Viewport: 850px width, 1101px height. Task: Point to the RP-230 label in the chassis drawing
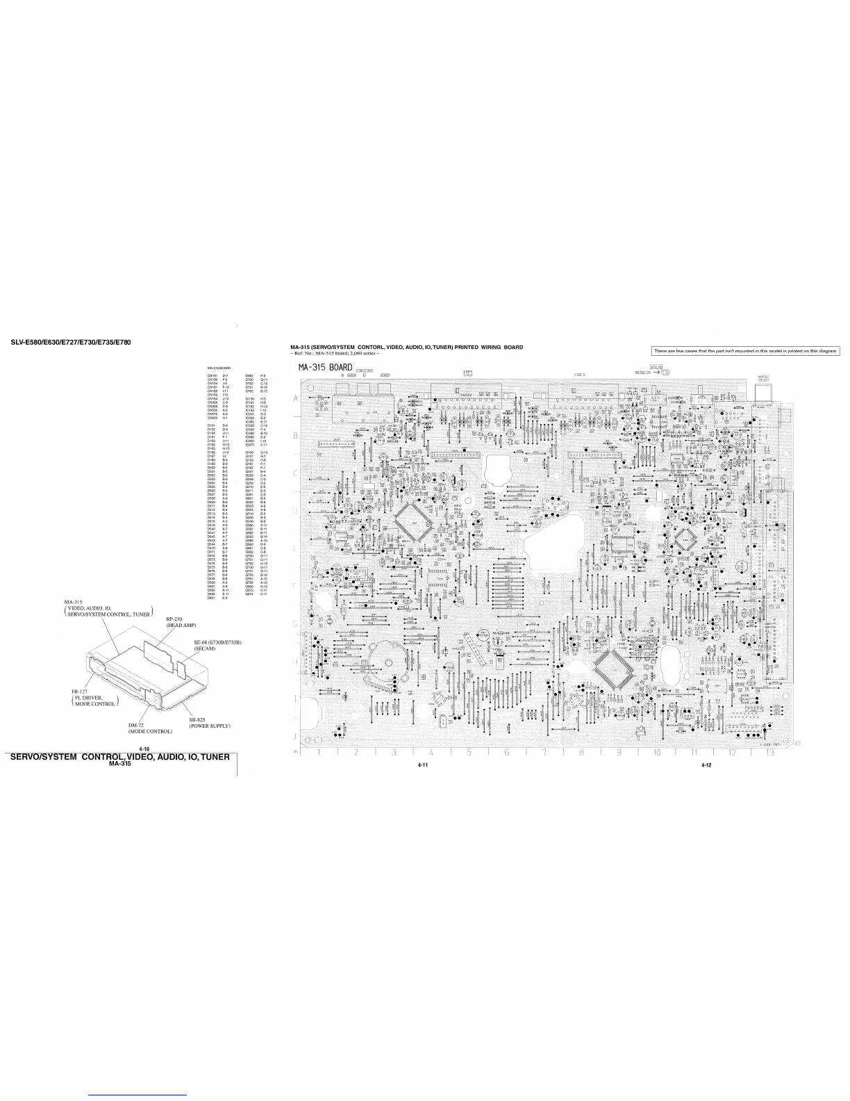174,619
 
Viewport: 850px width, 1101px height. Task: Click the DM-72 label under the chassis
135,725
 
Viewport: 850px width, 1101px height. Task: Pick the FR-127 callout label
78,691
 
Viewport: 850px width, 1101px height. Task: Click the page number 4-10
144,749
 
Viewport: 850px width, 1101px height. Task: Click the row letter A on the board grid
295,399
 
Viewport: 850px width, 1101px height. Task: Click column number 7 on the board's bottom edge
544,752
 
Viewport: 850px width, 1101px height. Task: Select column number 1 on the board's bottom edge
319,752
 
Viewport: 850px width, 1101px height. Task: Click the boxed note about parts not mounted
745,351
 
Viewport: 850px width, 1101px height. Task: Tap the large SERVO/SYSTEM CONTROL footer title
117,756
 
